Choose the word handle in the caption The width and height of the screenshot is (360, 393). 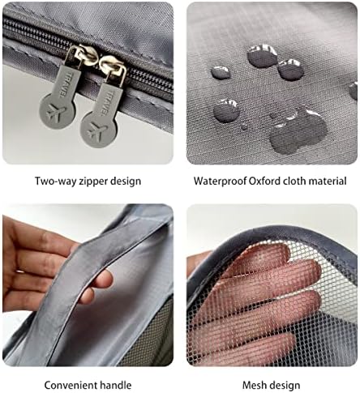116,385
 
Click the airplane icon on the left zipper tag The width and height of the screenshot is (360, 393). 56,111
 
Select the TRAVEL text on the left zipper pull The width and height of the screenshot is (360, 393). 65,84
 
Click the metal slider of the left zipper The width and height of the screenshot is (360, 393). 81,56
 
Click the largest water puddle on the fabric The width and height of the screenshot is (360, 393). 298,133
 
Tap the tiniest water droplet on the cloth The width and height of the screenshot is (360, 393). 244,126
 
